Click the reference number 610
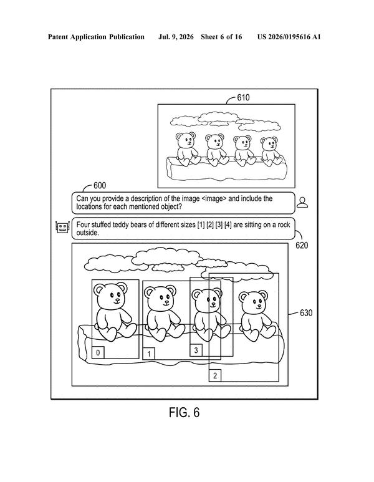[x=243, y=98]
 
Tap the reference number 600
[x=100, y=185]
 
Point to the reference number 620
[x=302, y=245]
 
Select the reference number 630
[x=306, y=313]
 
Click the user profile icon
[x=302, y=202]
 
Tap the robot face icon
[x=62, y=227]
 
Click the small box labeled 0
[x=98, y=352]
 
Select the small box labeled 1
[x=149, y=354]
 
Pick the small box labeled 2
[x=215, y=375]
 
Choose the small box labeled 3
[x=196, y=350]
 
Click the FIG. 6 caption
[x=184, y=412]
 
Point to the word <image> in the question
[x=214, y=198]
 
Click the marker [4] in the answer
[x=228, y=224]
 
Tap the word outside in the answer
[x=88, y=233]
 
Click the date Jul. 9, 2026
[x=176, y=37]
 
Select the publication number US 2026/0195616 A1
[x=289, y=37]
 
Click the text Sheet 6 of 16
[x=221, y=37]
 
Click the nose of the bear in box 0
[x=116, y=299]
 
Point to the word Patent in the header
[x=58, y=37]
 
